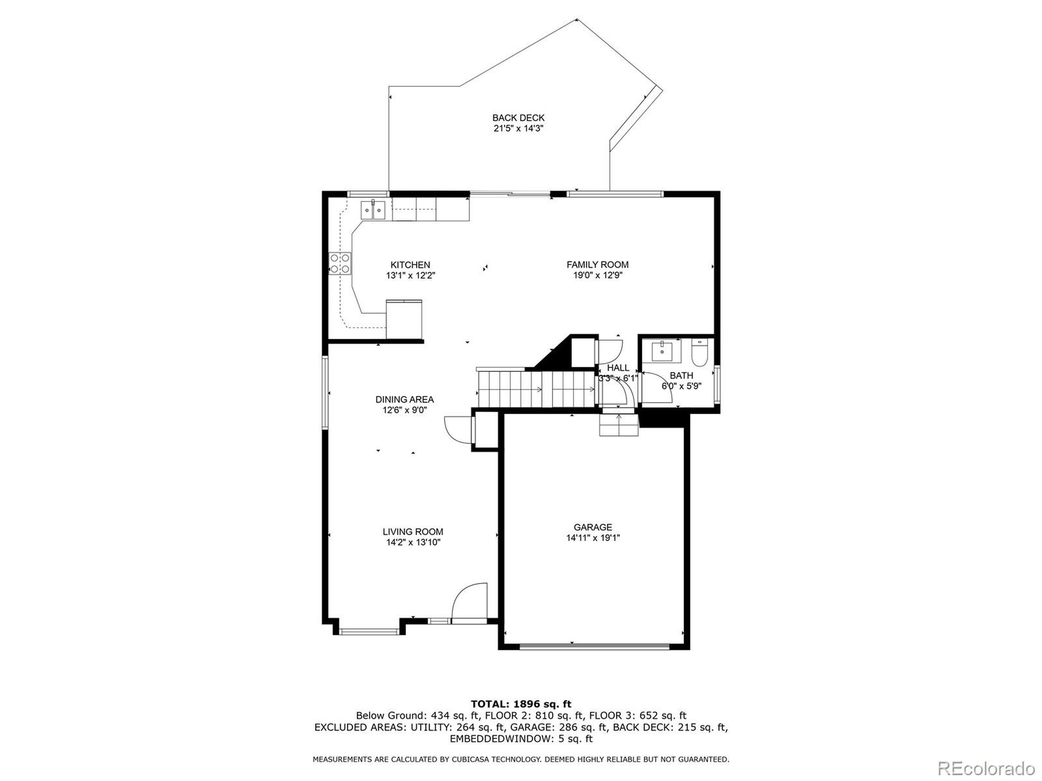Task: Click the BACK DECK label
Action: click(x=518, y=118)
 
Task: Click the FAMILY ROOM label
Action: click(x=597, y=264)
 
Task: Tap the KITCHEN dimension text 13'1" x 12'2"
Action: click(x=410, y=276)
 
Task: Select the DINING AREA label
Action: click(x=404, y=399)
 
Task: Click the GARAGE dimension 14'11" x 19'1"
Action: click(x=593, y=538)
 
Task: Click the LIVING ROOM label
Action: click(x=413, y=532)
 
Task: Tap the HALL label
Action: click(x=618, y=368)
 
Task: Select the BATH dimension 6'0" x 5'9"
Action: click(x=681, y=386)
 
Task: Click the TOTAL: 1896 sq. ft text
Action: click(x=521, y=704)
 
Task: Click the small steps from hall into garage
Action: click(x=619, y=425)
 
